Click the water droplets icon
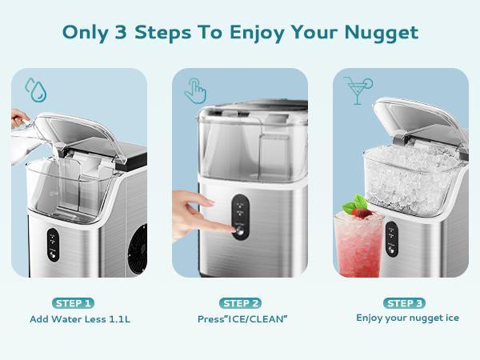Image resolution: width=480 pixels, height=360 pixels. tap(34, 88)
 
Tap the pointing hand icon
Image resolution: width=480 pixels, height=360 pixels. tap(196, 89)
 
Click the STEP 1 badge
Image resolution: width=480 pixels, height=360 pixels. tap(74, 303)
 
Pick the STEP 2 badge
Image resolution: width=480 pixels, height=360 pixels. tap(240, 303)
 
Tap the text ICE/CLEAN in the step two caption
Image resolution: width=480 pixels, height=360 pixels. tap(255, 318)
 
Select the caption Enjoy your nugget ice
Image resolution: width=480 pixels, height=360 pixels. tap(407, 318)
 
